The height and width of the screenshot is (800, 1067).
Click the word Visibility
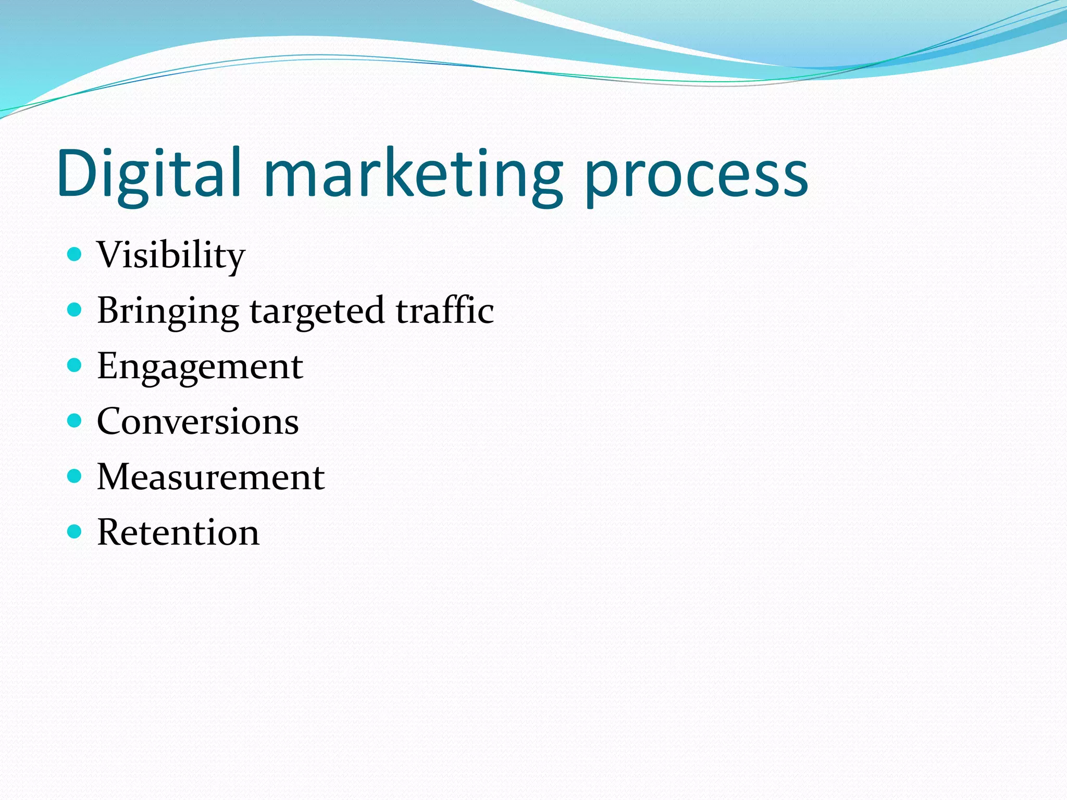[170, 256]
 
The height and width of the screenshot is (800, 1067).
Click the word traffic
[444, 310]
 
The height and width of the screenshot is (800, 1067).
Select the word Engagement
[200, 367]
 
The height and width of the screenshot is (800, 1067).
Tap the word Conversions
[198, 421]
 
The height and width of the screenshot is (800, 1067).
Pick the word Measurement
[211, 477]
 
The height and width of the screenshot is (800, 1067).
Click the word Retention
[178, 532]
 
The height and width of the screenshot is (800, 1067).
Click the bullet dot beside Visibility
[75, 254]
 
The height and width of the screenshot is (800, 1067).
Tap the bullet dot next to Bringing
[75, 310]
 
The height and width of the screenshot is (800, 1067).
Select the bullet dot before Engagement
[75, 365]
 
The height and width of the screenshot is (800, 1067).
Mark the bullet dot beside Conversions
[75, 420]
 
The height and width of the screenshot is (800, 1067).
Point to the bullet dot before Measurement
[75, 476]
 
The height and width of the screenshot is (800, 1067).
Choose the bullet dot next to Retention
[75, 531]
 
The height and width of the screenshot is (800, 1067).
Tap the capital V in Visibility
[110, 255]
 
